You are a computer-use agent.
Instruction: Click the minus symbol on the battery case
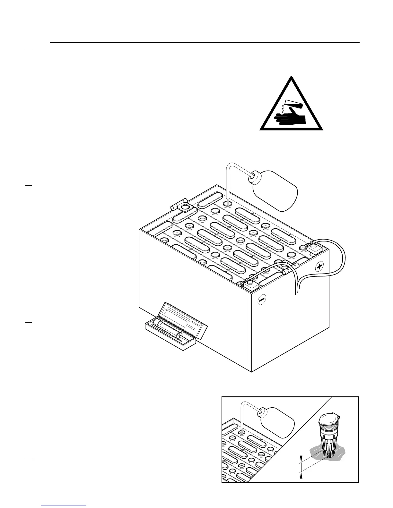262,299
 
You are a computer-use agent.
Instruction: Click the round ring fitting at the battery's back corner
185,207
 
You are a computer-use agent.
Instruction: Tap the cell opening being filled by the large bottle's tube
227,203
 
